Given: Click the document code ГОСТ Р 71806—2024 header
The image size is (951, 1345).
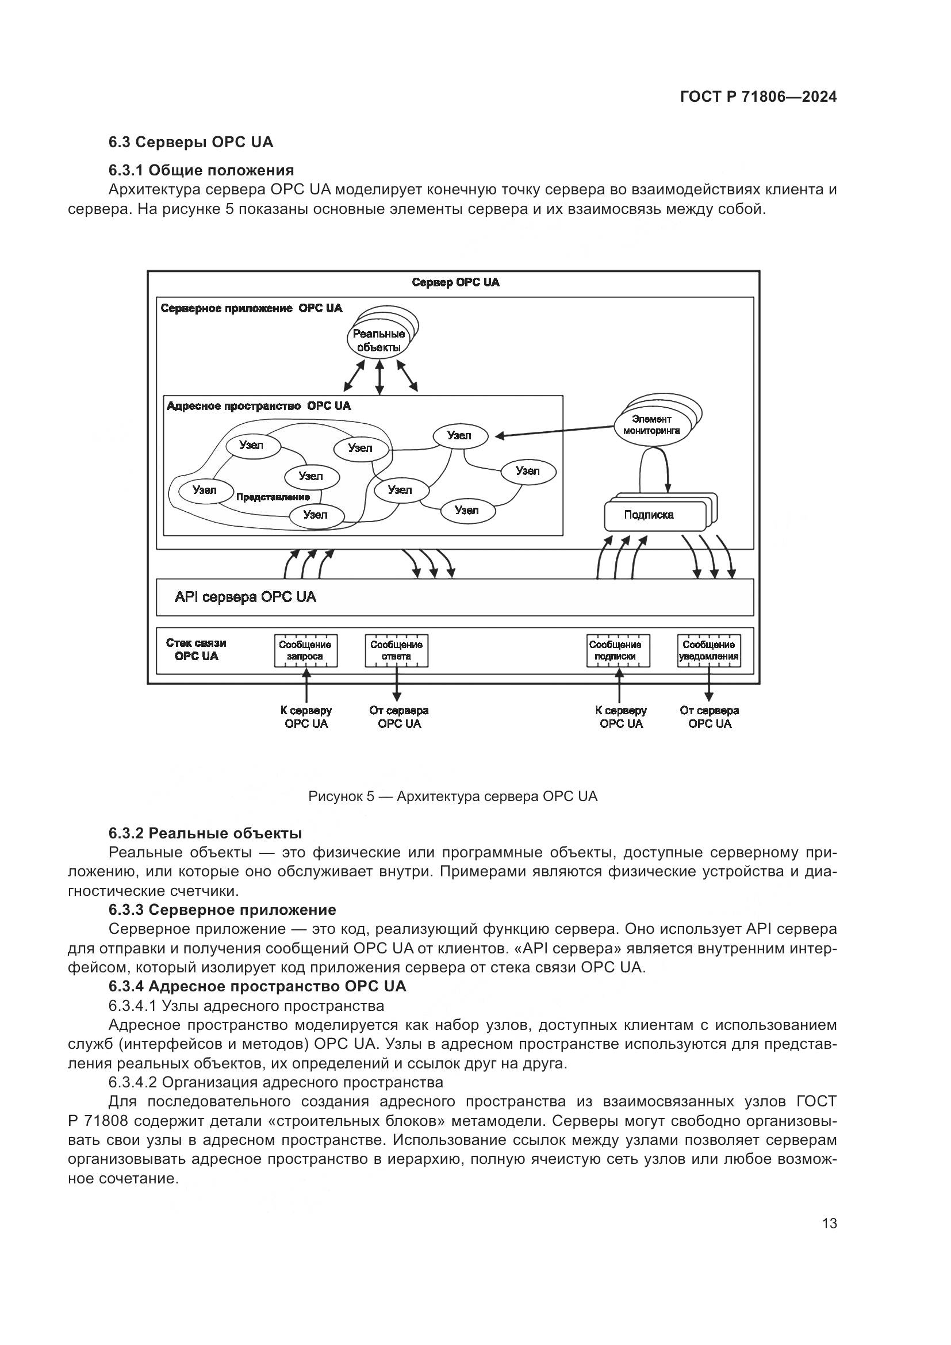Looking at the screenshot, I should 758,97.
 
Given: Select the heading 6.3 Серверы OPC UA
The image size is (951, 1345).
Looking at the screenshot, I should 190,143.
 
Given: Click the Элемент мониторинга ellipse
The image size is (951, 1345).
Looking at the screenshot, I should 651,425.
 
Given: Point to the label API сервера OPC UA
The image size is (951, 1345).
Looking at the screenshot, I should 246,597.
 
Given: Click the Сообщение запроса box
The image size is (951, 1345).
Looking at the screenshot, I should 306,650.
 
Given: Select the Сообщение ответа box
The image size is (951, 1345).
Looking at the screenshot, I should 397,650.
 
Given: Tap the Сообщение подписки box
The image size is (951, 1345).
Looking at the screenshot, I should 615,650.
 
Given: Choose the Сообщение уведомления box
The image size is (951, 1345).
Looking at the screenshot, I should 708,650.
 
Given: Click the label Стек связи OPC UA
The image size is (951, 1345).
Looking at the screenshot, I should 196,649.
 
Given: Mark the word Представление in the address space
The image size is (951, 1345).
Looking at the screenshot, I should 273,497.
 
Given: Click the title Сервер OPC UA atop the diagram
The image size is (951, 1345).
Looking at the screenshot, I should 455,282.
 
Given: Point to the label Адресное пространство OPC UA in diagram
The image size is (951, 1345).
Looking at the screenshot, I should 258,406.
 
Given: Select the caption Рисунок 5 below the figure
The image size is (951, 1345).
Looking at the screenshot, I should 453,796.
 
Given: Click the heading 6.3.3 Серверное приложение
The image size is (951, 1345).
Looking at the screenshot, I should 222,910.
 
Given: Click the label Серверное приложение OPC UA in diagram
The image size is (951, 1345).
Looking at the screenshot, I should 251,308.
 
